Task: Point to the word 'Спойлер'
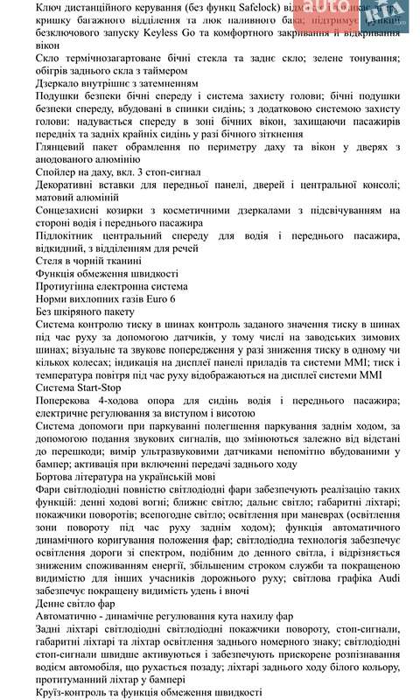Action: pyautogui.click(x=62, y=173)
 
